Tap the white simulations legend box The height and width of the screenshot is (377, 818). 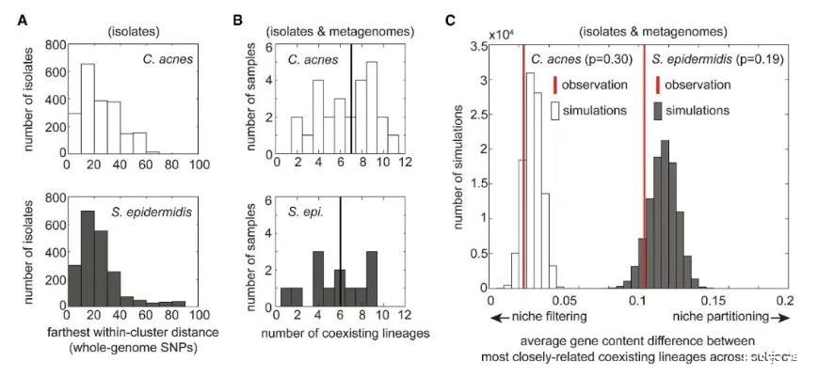tap(555, 110)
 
